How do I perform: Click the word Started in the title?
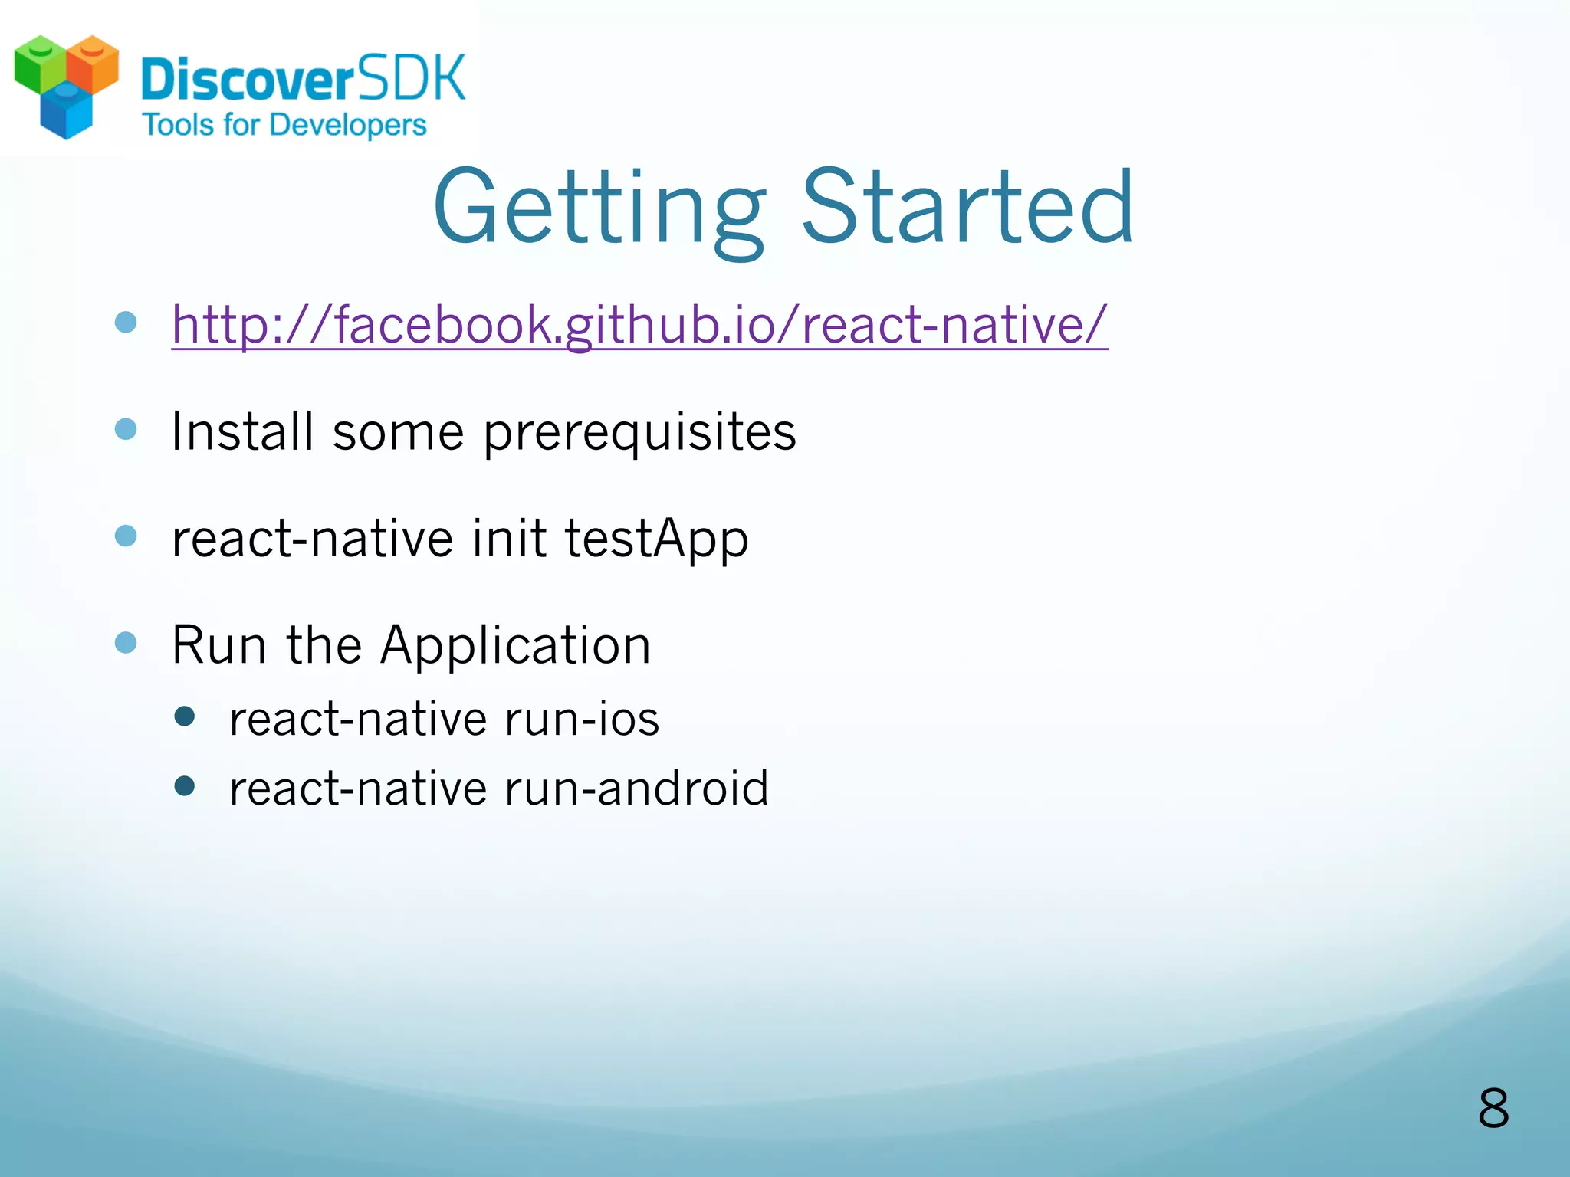[967, 208]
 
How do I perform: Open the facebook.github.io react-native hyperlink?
[639, 325]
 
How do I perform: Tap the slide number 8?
[1493, 1108]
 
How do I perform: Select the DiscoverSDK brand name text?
[304, 79]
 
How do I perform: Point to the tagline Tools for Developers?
[284, 125]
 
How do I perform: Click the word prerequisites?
[639, 433]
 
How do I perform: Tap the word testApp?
[656, 539]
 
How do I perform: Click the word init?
[508, 538]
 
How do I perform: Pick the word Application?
[515, 646]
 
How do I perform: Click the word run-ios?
[582, 720]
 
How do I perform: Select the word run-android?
[636, 788]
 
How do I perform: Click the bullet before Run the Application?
[126, 642]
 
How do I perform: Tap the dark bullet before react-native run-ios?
[185, 716]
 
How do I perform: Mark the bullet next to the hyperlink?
[126, 322]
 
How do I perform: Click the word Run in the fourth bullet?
[218, 645]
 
